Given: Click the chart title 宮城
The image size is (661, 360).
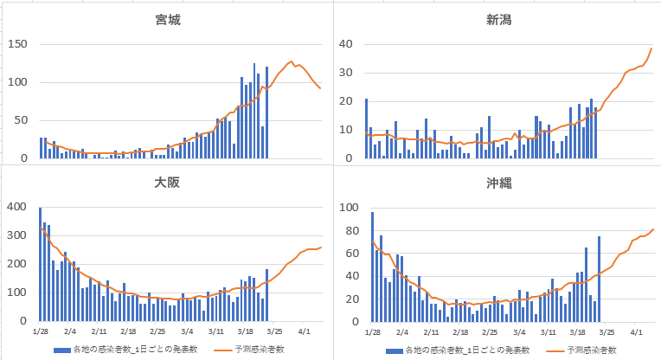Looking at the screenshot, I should (x=167, y=18).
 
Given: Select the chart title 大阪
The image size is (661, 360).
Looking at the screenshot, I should (x=167, y=183).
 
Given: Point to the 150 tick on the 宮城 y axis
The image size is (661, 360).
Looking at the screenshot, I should (x=17, y=44).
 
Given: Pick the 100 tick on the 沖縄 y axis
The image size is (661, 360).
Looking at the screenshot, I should (x=345, y=208).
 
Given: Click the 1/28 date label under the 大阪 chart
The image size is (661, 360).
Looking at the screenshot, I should (x=40, y=331).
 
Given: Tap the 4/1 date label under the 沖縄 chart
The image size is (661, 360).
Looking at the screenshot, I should (x=637, y=331).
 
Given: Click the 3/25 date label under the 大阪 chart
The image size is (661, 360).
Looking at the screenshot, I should (x=275, y=331).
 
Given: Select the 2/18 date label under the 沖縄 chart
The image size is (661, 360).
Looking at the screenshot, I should (x=460, y=331).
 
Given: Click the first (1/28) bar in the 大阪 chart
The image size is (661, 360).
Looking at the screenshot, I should (x=40, y=264).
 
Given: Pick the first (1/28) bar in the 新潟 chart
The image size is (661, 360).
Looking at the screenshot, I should (x=366, y=129).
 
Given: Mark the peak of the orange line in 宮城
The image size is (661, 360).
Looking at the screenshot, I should (x=291, y=61).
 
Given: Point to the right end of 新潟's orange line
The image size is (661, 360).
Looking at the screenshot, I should (x=652, y=48).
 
